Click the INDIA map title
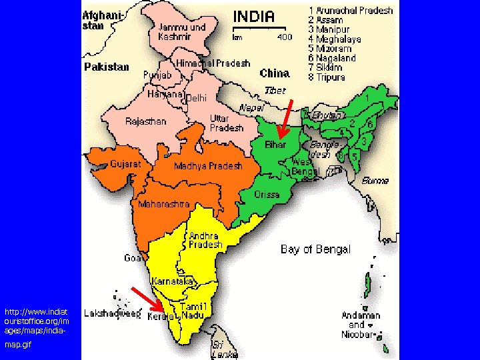(253, 16)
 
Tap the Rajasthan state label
(146, 121)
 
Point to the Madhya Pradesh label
(208, 166)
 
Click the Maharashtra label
(163, 204)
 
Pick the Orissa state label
(267, 195)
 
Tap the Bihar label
(276, 145)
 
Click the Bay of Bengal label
(315, 249)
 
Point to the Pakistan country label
(106, 67)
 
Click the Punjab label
(157, 75)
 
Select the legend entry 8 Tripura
(327, 77)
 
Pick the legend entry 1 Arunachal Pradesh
(351, 11)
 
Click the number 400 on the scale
(285, 37)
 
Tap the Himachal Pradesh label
(213, 63)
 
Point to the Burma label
(376, 181)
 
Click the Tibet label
(275, 90)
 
